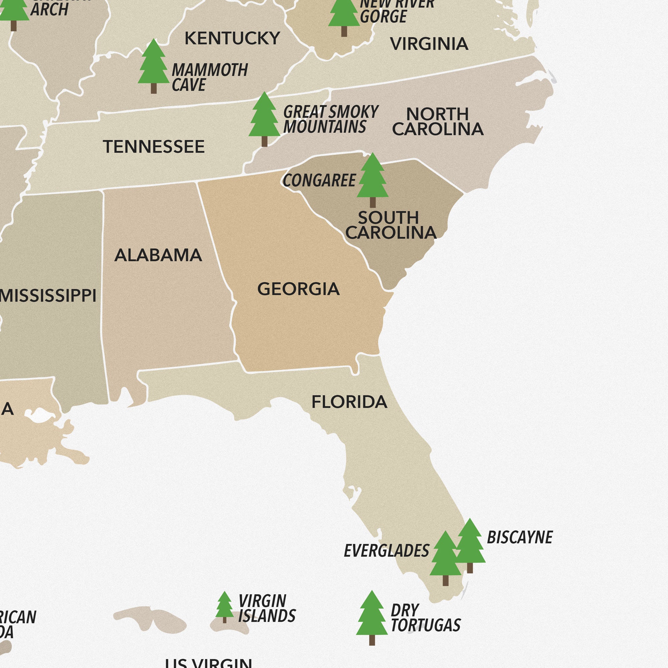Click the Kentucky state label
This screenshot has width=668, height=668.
pyautogui.click(x=232, y=38)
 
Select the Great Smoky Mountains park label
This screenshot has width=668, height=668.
pyautogui.click(x=330, y=119)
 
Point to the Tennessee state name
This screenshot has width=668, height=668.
pyautogui.click(x=154, y=147)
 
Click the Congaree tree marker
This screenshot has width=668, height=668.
pyautogui.click(x=372, y=180)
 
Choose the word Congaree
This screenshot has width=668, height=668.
pyautogui.click(x=319, y=180)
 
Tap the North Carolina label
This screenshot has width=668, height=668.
pyautogui.click(x=438, y=122)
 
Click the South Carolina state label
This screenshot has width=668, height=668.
pyautogui.click(x=390, y=225)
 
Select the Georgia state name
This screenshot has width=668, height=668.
pyautogui.click(x=298, y=289)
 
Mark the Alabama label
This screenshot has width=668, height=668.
pyautogui.click(x=158, y=256)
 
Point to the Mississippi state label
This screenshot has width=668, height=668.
pyautogui.click(x=48, y=296)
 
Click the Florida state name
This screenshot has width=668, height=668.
pyautogui.click(x=349, y=402)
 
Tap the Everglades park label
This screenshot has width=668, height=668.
pyautogui.click(x=386, y=551)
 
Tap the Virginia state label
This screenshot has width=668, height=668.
pyautogui.click(x=429, y=44)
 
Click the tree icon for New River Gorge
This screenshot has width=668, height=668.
pyautogui.click(x=344, y=16)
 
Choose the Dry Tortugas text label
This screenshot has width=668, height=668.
pyautogui.click(x=425, y=618)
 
